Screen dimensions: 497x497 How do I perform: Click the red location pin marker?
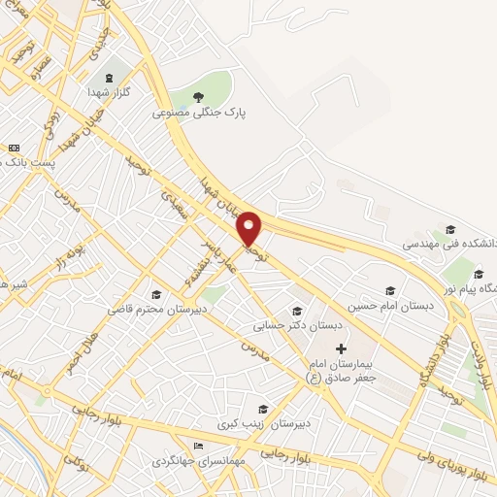pyautogui.click(x=249, y=228)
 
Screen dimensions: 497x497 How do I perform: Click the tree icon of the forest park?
pyautogui.click(x=199, y=96)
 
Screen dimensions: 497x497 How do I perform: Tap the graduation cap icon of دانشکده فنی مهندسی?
pyautogui.click(x=449, y=230)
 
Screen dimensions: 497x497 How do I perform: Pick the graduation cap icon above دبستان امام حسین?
pyautogui.click(x=390, y=289)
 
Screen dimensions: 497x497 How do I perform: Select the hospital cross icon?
pyautogui.click(x=340, y=348)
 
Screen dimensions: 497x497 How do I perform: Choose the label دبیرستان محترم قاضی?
pyautogui.click(x=154, y=310)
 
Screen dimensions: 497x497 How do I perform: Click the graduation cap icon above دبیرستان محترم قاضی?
pyautogui.click(x=154, y=294)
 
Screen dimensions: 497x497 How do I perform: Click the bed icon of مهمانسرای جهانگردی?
pyautogui.click(x=199, y=446)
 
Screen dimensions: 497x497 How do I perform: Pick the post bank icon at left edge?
pyautogui.click(x=14, y=148)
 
